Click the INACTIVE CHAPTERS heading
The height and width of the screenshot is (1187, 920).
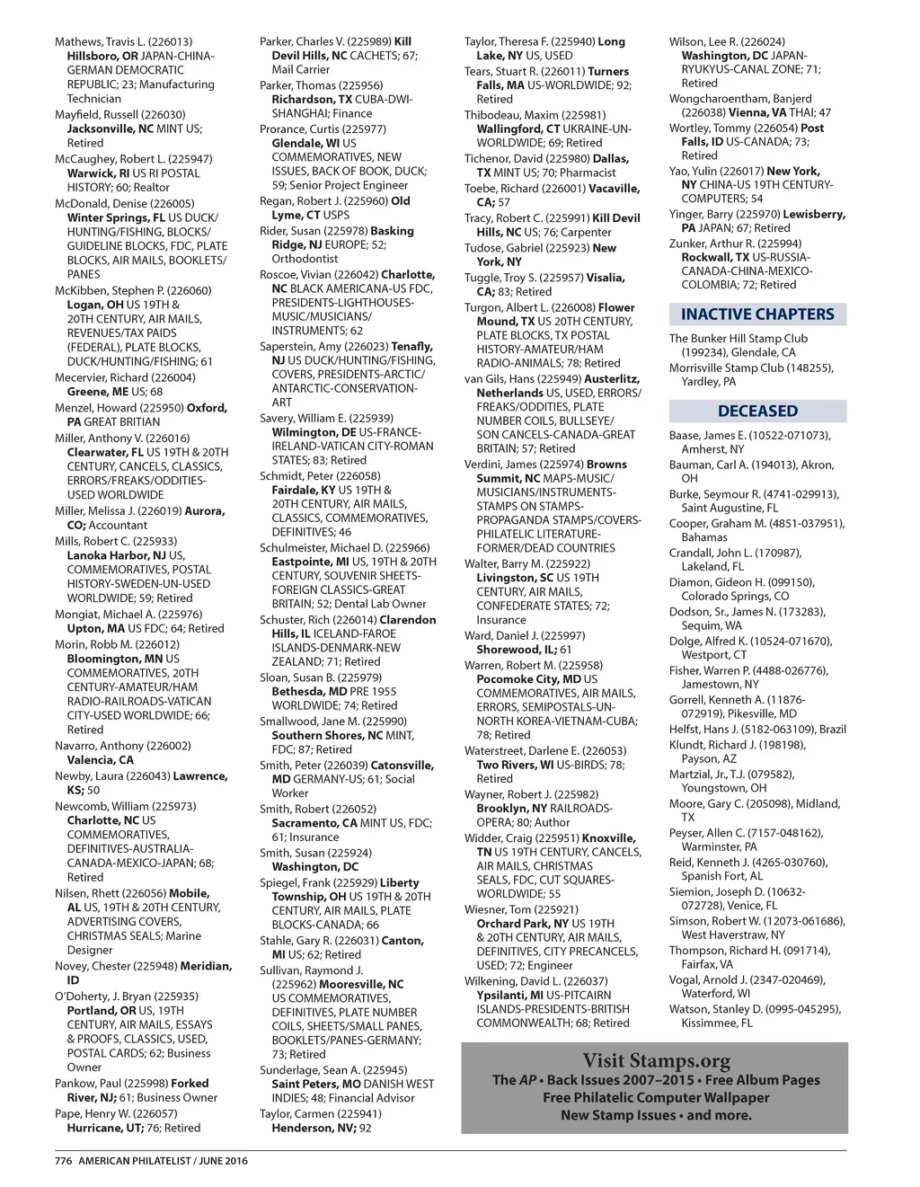coord(757,314)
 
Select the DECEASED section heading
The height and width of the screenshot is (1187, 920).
coord(757,411)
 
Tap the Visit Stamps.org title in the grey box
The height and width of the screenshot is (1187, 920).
coord(656,1061)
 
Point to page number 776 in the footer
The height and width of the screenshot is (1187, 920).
coord(63,1160)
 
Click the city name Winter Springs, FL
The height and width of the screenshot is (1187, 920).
coord(114,217)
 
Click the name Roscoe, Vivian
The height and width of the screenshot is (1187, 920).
coord(295,275)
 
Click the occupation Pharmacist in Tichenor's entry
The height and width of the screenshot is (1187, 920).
coord(588,173)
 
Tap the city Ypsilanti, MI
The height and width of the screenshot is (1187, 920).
coord(509,995)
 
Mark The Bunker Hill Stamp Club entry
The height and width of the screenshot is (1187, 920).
coord(738,339)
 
